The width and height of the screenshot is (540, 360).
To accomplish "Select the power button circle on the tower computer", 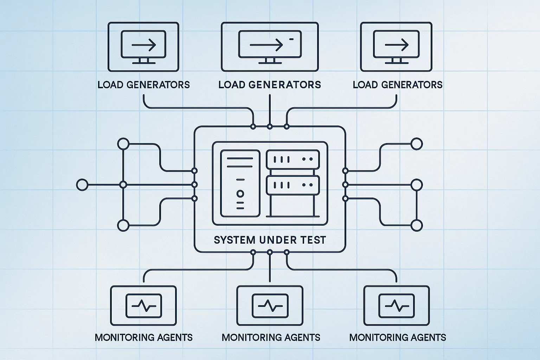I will (x=240, y=194).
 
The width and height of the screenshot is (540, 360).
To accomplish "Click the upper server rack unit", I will (x=293, y=159).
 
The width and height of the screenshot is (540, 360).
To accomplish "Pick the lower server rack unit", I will (x=293, y=185).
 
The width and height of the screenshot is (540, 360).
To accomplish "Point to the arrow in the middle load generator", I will (x=266, y=45).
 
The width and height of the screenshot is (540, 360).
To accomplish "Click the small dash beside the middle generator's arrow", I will (x=291, y=39).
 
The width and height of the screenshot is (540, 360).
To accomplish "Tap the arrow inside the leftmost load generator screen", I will (x=143, y=45).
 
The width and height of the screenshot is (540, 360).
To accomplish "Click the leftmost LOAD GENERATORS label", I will (x=143, y=85).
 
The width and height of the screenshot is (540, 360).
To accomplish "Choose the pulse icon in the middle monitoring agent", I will (x=270, y=304).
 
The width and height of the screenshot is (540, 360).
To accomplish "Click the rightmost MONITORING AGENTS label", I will (x=398, y=337).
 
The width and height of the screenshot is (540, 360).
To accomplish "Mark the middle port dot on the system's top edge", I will (x=270, y=126).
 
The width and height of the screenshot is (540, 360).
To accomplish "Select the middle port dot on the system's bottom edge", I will (x=270, y=252).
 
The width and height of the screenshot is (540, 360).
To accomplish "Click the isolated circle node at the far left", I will (x=82, y=185).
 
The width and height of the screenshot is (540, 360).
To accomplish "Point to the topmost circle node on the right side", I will (x=417, y=144).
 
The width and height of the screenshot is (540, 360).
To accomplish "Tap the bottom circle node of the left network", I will (x=123, y=225).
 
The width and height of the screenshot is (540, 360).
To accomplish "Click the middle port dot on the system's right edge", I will (x=345, y=185).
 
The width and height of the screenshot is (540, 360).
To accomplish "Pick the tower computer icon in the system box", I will (x=240, y=184).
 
